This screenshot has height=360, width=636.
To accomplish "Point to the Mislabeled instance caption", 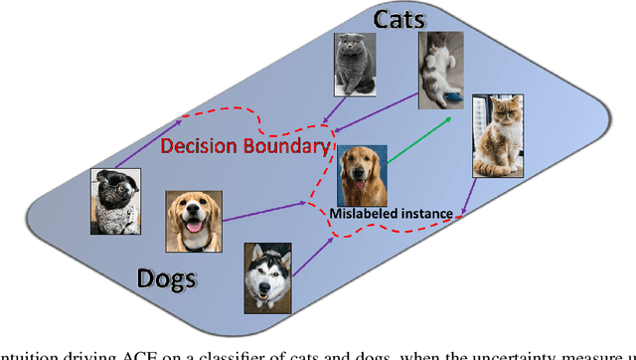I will coord(392,213).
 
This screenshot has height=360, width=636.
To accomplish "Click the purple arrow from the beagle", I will coord(263,211).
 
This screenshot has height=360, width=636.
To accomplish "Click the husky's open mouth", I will coord(268,295).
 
